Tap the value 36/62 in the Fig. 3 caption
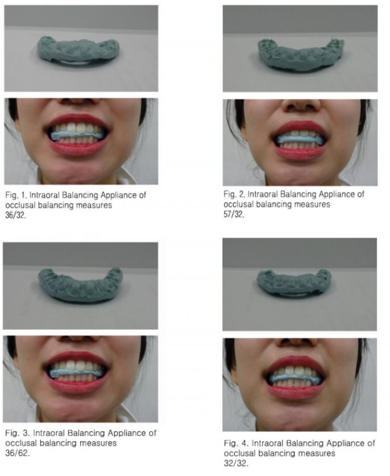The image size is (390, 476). [17, 453]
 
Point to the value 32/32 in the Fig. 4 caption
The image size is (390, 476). [236, 463]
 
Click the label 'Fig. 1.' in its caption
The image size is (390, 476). [15, 195]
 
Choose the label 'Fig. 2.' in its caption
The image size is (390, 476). [234, 194]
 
